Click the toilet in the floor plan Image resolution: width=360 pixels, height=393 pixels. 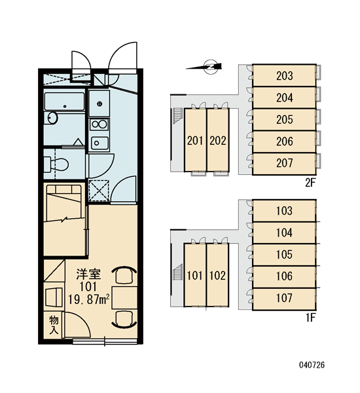(x=56, y=164)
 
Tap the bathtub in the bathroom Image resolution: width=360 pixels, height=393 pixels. (x=64, y=102)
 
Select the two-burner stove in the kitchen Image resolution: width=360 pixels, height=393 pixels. (x=99, y=124)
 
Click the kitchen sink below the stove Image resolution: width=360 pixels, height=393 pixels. (x=99, y=143)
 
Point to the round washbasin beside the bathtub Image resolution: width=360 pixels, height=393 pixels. (x=52, y=118)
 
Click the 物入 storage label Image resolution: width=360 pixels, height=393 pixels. (x=54, y=325)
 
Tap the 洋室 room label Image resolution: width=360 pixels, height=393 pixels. (x=88, y=274)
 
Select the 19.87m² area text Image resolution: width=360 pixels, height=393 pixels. (x=89, y=299)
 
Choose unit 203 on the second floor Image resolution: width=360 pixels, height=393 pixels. (x=284, y=76)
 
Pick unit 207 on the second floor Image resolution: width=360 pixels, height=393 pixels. (x=284, y=163)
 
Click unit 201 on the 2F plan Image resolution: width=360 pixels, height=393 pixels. (x=195, y=140)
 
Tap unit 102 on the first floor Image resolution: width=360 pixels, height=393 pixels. (x=218, y=275)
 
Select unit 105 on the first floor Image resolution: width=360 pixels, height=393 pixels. (x=284, y=254)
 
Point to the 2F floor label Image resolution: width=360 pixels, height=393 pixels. (x=310, y=183)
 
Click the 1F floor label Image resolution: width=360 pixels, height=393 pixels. (x=310, y=318)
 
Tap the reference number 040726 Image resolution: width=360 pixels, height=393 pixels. (x=312, y=365)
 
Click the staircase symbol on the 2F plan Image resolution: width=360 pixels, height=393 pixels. (x=177, y=115)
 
